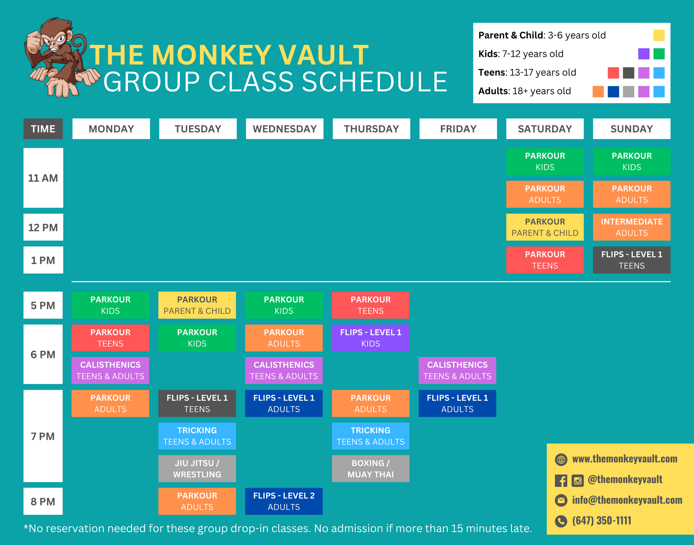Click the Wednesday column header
click(285, 129)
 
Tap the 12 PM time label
click(43, 227)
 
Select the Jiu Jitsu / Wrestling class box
click(197, 468)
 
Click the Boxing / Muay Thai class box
click(370, 468)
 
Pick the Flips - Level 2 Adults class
click(283, 501)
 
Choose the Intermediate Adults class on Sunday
click(632, 227)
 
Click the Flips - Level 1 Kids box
click(370, 338)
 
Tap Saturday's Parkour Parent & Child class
click(545, 227)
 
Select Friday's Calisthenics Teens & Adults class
click(457, 370)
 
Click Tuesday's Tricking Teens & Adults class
click(197, 435)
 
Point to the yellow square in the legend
click(658, 35)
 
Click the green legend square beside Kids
click(658, 54)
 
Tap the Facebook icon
click(561, 480)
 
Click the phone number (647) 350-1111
click(601, 520)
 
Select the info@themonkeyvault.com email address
click(627, 500)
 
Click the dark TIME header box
click(43, 129)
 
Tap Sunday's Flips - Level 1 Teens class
click(632, 260)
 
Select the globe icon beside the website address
click(561, 459)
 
